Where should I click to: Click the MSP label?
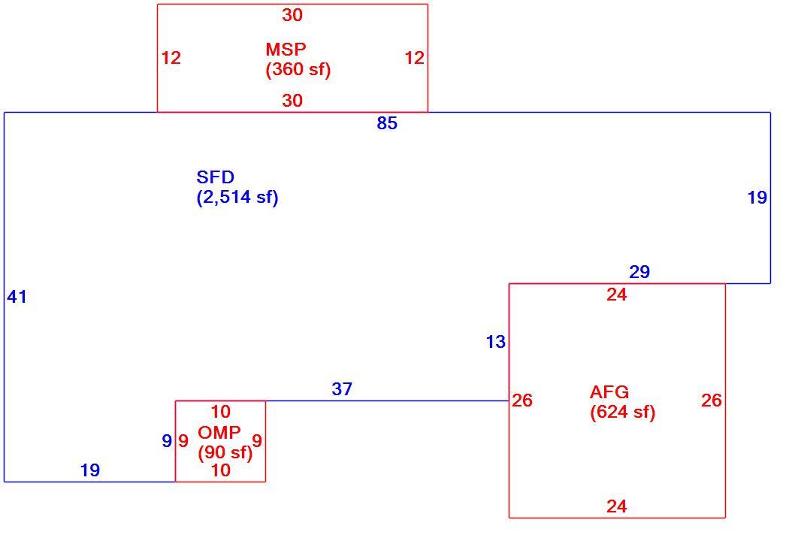click(286, 50)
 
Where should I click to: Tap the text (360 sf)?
click(298, 69)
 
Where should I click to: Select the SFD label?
click(216, 177)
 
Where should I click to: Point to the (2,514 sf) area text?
click(237, 198)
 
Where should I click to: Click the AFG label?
click(609, 392)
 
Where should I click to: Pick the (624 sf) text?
click(622, 412)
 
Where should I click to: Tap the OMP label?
click(219, 432)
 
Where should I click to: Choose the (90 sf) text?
click(225, 452)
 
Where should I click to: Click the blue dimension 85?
click(387, 123)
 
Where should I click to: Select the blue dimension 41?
click(17, 297)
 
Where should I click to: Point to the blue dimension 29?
click(639, 272)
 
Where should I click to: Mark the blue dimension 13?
click(496, 342)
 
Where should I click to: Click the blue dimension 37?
click(342, 389)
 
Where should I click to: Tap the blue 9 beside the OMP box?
click(167, 441)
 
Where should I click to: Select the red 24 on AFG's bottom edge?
click(617, 506)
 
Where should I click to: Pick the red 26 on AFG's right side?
click(712, 400)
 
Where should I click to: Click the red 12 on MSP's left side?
click(171, 59)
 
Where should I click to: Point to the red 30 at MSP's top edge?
click(292, 15)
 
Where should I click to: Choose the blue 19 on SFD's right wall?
click(757, 198)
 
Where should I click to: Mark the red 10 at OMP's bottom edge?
click(220, 470)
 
